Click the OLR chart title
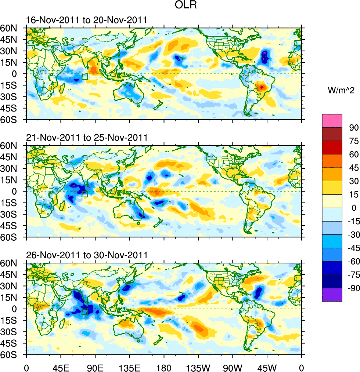(x=180, y=6)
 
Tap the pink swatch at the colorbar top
(x=332, y=121)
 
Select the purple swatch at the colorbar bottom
(x=332, y=295)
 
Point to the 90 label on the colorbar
(x=349, y=128)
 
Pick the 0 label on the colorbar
(x=349, y=208)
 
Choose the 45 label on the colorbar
(x=349, y=168)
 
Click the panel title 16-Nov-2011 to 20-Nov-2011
(x=87, y=21)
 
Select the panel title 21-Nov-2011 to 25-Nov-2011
(x=87, y=138)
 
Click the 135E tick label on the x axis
(x=129, y=366)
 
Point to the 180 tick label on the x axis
(x=164, y=366)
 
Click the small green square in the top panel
(x=85, y=77)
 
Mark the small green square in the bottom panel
(x=85, y=312)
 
